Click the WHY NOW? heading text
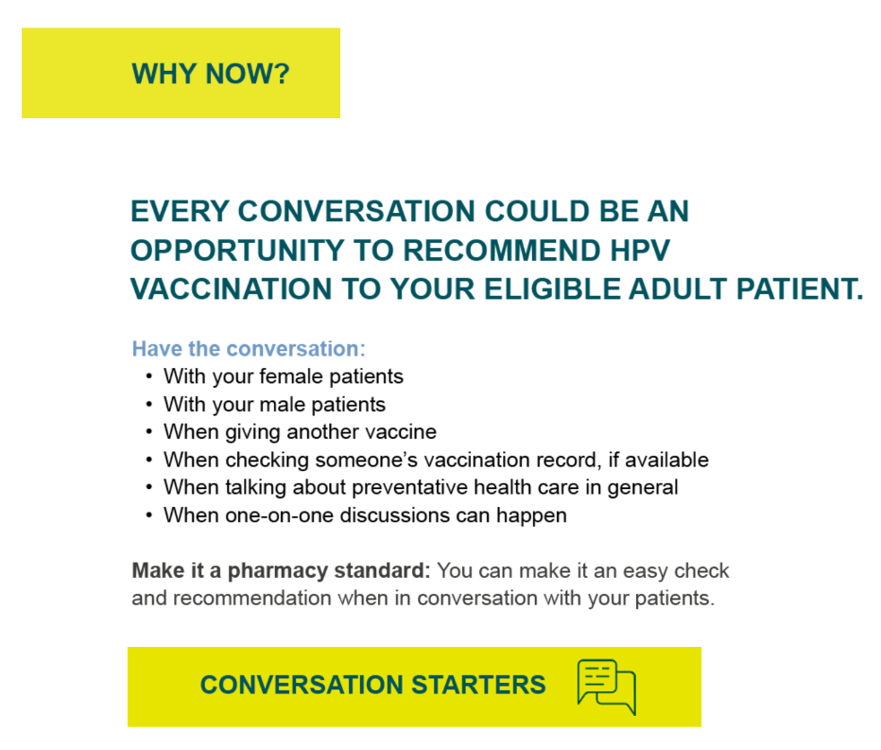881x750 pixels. point(211,74)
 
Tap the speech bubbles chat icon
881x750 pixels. point(607,687)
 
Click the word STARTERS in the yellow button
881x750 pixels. point(478,685)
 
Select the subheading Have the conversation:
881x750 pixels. point(249,349)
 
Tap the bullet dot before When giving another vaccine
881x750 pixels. point(148,432)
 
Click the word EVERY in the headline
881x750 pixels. point(180,212)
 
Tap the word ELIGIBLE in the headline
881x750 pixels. point(552,289)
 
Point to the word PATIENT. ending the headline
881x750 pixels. point(800,289)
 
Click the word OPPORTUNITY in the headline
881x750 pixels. point(237,251)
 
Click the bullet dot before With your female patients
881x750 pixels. point(148,376)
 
